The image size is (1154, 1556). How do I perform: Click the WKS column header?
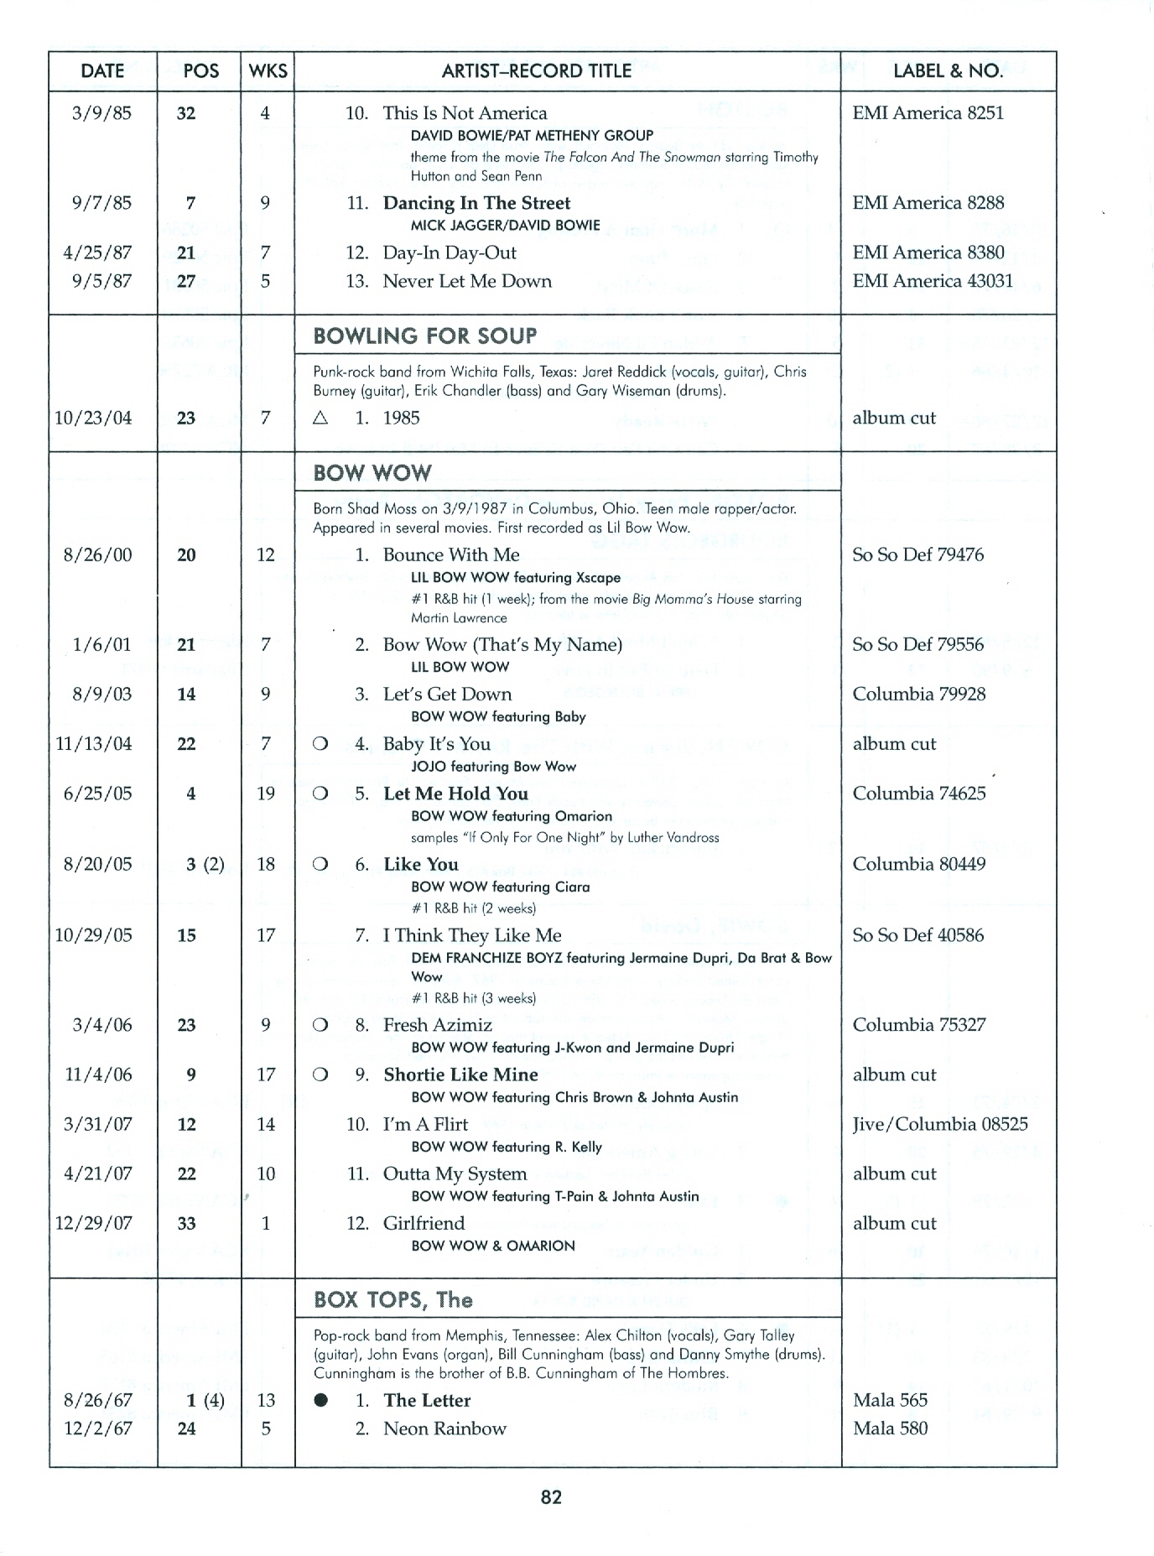click(268, 71)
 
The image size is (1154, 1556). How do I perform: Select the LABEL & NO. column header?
click(948, 71)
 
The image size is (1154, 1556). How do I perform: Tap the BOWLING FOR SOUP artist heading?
click(424, 336)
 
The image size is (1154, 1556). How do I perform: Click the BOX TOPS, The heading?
click(392, 1299)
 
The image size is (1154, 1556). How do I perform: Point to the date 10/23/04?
click(93, 418)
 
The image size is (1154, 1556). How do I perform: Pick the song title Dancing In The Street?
click(476, 203)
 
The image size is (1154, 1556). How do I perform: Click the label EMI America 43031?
click(933, 281)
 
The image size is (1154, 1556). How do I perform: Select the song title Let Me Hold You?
click(455, 794)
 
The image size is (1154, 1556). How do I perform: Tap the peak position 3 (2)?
click(205, 864)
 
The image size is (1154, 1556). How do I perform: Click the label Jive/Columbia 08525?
click(939, 1124)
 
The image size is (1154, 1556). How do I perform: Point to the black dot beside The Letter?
click(320, 1400)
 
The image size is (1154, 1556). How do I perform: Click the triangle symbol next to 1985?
click(320, 418)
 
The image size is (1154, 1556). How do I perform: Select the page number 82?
click(551, 1496)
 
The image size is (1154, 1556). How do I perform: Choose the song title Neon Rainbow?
click(444, 1429)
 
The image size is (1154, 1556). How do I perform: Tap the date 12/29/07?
click(93, 1223)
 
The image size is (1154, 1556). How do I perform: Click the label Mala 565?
click(890, 1400)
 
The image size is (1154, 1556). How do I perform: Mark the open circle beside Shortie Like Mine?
click(320, 1075)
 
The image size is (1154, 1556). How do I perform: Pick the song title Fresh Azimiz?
click(437, 1025)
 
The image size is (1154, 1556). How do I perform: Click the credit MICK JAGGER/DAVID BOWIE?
click(505, 225)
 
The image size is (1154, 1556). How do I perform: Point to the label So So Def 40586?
click(917, 935)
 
